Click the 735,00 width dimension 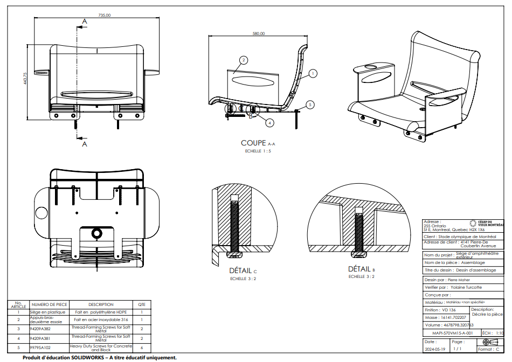105,16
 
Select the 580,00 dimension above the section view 259,33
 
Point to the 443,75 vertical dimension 25,79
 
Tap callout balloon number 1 314,72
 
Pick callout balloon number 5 310,104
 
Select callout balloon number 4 270,123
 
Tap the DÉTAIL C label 243,270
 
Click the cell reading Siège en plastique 47,312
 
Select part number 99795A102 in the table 40,348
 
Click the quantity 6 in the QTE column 142,348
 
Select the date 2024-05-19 435,349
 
